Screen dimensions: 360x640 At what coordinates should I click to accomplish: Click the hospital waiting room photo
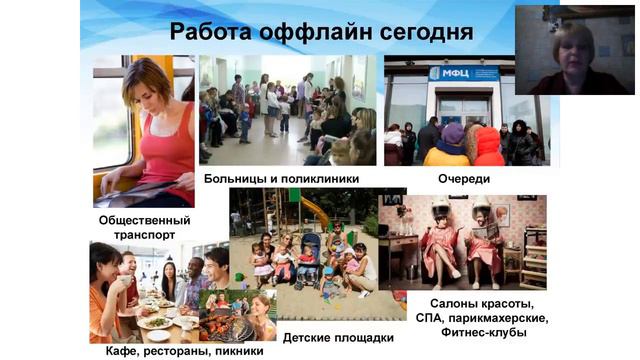pyautogui.click(x=288, y=110)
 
